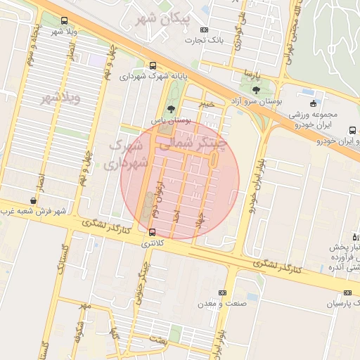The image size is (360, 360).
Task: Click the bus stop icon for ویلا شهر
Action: pyautogui.click(x=65, y=21)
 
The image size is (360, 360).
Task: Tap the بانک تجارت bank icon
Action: pyautogui.click(x=205, y=30)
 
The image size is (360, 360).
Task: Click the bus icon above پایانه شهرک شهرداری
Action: pyautogui.click(x=153, y=65)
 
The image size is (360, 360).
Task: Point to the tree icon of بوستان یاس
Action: pyautogui.click(x=172, y=108)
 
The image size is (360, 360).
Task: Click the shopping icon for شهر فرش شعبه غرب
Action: pyautogui.click(x=33, y=200)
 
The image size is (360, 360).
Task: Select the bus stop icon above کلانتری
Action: pyautogui.click(x=153, y=232)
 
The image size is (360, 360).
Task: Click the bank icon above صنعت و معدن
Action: pyautogui.click(x=223, y=292)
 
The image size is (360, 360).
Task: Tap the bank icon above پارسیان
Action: pyautogui.click(x=347, y=292)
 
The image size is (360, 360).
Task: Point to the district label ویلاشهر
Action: pyautogui.click(x=60, y=96)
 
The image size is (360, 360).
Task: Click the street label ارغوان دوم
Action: pyautogui.click(x=159, y=195)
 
